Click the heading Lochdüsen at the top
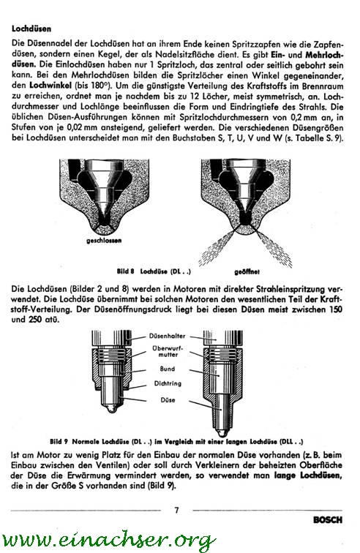pos(31,29)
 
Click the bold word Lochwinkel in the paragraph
pos(50,86)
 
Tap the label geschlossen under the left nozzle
pos(104,241)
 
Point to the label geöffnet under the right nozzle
pos(247,272)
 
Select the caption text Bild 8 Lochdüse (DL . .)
pos(154,271)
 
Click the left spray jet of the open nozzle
pos(216,247)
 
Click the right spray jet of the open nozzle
pos(273,247)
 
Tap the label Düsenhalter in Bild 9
pos(167,336)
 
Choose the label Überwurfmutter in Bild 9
pos(168,351)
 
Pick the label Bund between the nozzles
pos(168,369)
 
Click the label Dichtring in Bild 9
pos(168,383)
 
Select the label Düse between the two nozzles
pos(168,400)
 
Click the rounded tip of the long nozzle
pos(222,432)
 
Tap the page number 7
pos(176,510)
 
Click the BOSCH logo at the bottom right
pos(328,520)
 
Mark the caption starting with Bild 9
pos(176,442)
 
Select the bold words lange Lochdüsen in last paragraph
pos(308,475)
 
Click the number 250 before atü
pos(38,320)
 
